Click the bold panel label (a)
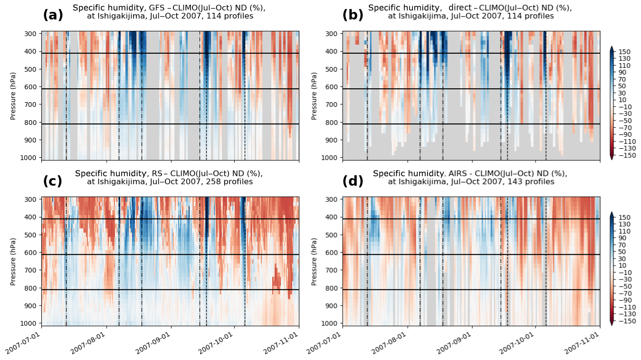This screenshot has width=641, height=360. [x=53, y=15]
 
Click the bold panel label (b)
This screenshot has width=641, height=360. [x=353, y=15]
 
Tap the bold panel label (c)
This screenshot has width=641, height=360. [x=53, y=181]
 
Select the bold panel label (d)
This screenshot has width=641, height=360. [x=353, y=181]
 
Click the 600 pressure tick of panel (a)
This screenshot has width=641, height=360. [x=31, y=87]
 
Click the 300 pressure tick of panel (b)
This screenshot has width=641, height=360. [x=332, y=34]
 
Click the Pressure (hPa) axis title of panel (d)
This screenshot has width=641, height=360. [x=314, y=261]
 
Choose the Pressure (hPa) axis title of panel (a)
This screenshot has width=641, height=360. [x=13, y=95]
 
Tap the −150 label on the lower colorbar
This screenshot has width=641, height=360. [x=624, y=321]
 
